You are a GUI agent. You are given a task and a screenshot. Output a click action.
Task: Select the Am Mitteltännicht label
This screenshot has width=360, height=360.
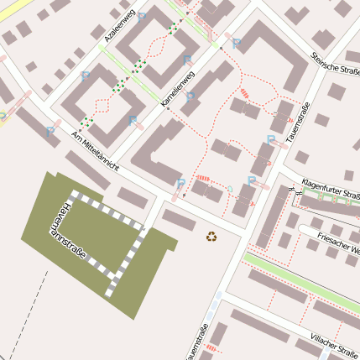point(95,152)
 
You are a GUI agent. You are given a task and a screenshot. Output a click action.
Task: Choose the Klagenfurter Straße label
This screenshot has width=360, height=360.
point(330,182)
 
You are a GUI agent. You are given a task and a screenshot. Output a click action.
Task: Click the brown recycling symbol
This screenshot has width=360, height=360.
point(211,237)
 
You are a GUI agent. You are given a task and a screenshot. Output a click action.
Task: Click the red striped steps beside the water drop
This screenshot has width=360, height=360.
point(203,178)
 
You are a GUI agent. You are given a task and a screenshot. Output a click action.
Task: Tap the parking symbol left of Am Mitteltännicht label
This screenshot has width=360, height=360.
point(50,131)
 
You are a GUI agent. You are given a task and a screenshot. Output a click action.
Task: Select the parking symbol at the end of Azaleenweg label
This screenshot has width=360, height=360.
point(141,16)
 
